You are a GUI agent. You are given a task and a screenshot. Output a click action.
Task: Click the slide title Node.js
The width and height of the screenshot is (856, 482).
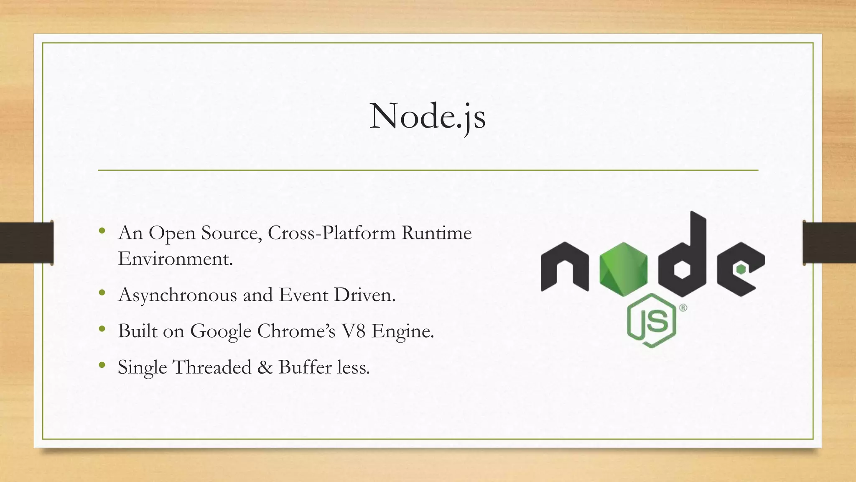427,116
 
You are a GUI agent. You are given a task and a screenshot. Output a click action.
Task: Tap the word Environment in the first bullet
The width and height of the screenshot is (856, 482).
175,259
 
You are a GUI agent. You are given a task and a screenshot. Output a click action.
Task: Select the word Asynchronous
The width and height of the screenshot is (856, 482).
178,295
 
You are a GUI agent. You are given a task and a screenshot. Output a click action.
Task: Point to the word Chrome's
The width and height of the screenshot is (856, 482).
296,331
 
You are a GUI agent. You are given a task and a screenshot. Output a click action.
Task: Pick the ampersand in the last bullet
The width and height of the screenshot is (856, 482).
265,367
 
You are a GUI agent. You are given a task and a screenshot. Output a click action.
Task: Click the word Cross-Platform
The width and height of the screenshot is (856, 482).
331,233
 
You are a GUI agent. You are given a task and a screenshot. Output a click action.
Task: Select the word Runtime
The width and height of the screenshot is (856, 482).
436,233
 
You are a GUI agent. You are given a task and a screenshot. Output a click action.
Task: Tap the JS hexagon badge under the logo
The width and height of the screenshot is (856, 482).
651,320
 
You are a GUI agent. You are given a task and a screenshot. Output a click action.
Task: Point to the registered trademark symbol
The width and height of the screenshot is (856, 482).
683,308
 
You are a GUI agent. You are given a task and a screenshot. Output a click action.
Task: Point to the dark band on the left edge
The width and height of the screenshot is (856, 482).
26,243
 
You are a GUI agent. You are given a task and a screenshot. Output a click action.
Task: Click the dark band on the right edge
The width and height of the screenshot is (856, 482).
829,243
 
